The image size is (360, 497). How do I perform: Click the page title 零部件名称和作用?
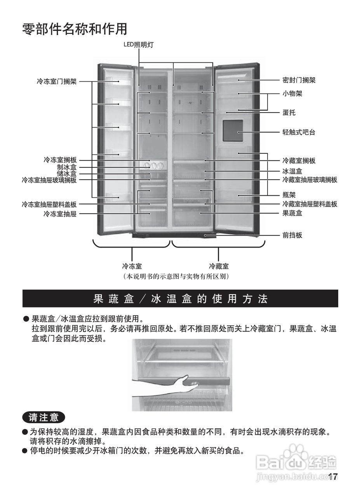click(x=75, y=29)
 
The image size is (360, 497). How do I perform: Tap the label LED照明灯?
click(x=139, y=45)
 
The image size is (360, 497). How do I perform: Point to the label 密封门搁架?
click(x=299, y=80)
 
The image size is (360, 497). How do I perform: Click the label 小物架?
click(x=292, y=94)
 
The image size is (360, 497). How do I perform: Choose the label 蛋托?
click(x=289, y=113)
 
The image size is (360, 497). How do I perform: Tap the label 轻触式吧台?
click(x=299, y=132)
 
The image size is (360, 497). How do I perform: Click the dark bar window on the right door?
click(x=233, y=130)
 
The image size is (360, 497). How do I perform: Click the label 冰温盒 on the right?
click(x=292, y=171)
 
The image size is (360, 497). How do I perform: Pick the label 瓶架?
click(x=289, y=195)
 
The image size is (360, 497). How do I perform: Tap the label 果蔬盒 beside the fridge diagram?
click(x=292, y=213)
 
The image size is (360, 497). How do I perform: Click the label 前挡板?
click(x=292, y=235)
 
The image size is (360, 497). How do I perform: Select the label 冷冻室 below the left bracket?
click(x=132, y=266)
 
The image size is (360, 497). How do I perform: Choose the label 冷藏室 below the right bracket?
click(x=219, y=266)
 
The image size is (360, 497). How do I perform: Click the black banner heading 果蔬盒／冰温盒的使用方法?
click(x=180, y=299)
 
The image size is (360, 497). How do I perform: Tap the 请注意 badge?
click(x=43, y=417)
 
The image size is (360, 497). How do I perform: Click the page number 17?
click(x=333, y=477)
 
